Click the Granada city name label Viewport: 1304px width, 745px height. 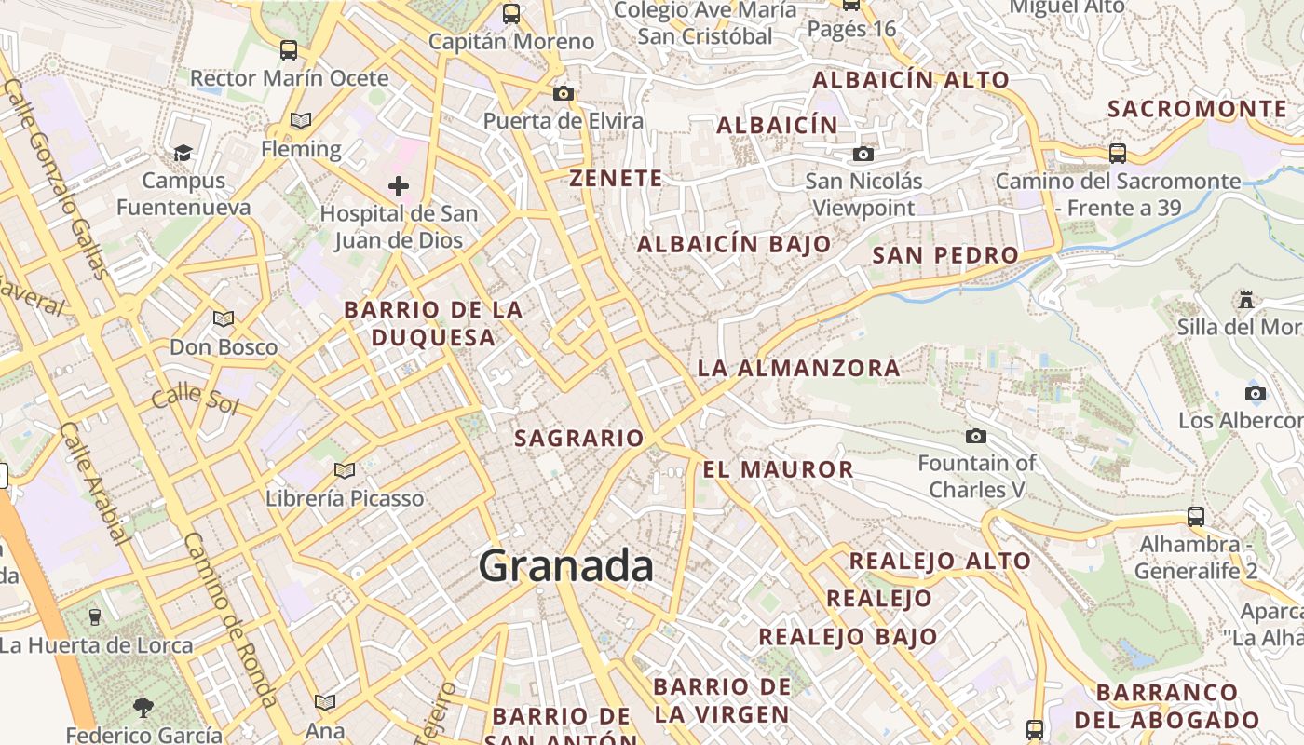point(566,566)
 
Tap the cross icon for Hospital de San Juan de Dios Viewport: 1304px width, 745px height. point(399,186)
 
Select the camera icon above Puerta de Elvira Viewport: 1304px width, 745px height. point(563,93)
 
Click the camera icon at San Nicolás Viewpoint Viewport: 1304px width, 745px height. point(863,154)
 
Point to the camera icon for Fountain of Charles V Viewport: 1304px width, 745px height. point(976,436)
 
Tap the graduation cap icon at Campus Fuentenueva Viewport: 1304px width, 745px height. point(183,153)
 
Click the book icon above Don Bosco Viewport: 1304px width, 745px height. point(224,319)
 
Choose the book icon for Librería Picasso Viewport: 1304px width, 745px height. point(345,470)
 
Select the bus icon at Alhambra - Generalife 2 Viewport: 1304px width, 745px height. point(1196,516)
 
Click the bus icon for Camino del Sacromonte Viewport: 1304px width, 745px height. point(1118,153)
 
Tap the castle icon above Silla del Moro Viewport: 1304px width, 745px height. point(1246,299)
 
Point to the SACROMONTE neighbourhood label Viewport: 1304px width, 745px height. point(1197,109)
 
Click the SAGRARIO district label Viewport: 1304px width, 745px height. point(579,438)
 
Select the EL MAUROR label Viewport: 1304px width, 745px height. point(778,469)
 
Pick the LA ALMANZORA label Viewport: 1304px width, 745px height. point(798,368)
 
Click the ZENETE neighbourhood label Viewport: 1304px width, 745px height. point(616,178)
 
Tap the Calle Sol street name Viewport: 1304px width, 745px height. point(196,399)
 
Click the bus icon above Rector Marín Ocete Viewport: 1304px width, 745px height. point(289,50)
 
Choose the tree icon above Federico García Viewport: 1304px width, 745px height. point(143,708)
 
